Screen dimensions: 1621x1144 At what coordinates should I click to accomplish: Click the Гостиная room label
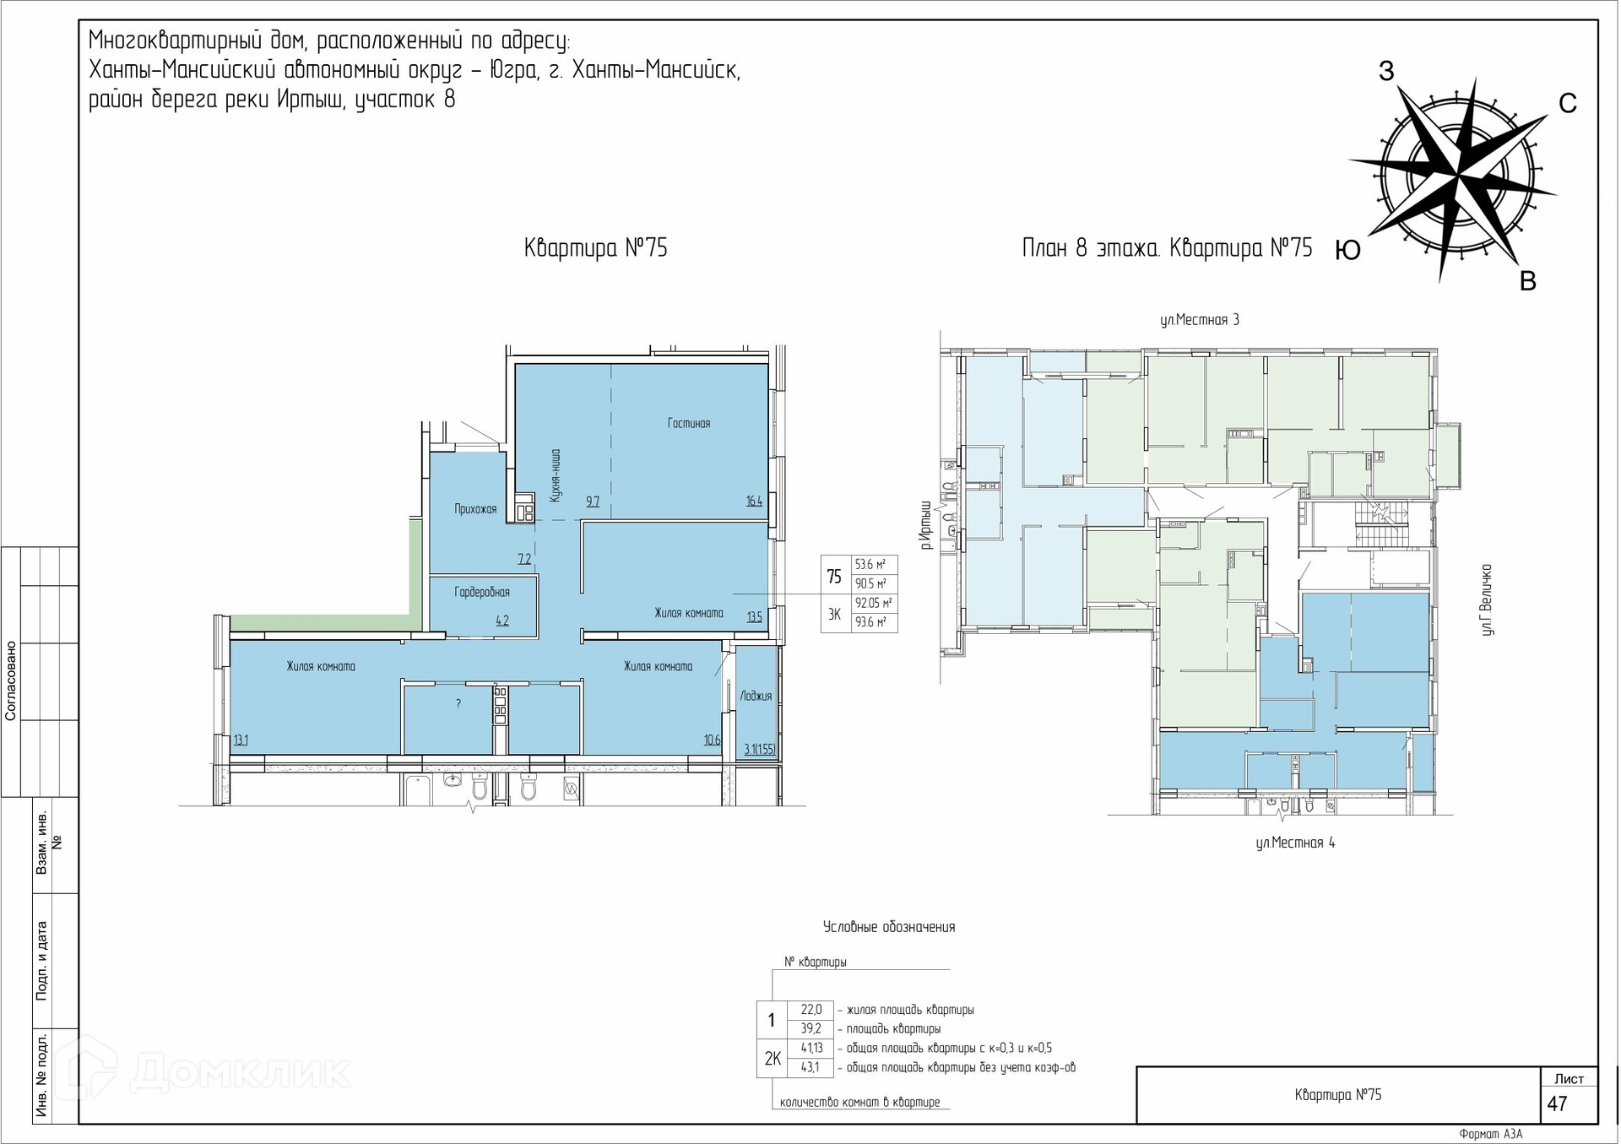click(688, 423)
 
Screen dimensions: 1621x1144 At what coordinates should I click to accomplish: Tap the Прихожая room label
click(475, 508)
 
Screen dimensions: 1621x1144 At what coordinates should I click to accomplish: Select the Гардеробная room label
click(482, 593)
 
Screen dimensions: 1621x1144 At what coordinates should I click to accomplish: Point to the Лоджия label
click(756, 696)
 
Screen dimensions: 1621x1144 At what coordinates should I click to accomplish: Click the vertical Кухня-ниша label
click(555, 475)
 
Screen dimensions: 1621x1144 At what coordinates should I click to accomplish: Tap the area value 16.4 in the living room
click(754, 501)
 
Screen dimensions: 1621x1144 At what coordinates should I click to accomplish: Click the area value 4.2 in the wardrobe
click(502, 621)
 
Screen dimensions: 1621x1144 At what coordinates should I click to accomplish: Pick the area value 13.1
click(241, 740)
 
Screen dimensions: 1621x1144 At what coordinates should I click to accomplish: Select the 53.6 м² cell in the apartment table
click(871, 565)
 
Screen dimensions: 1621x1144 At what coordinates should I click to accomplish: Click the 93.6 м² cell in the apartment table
click(871, 622)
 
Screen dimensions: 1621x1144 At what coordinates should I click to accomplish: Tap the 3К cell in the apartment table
click(835, 614)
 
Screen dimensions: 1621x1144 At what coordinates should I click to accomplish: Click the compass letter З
click(1386, 71)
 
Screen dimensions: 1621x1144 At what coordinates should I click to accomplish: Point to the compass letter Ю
click(1347, 250)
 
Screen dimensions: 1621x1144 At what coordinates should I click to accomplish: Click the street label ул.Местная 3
click(1199, 320)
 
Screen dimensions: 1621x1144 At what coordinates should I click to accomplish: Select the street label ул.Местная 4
click(1295, 843)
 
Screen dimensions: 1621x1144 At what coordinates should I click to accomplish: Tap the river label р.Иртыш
click(927, 524)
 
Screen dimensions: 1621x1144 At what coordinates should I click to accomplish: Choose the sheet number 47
click(1557, 1103)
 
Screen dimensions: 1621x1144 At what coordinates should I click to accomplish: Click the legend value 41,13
click(811, 1048)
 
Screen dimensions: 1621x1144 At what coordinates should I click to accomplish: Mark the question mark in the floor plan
click(458, 703)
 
